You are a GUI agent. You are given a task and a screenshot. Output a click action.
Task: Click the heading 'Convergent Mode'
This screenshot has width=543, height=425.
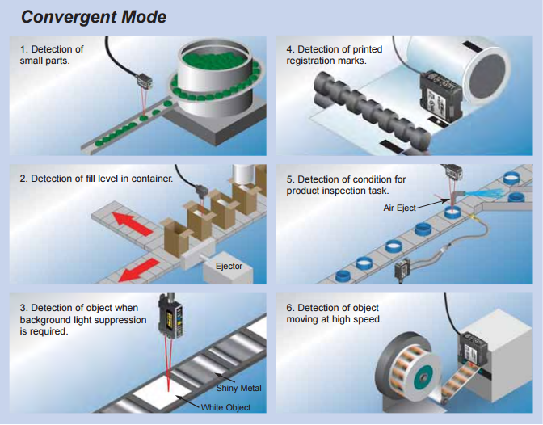pos(94,16)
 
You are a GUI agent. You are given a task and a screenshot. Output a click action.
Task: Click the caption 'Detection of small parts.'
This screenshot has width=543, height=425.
pos(52,55)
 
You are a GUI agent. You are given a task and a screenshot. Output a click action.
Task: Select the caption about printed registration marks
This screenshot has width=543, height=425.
pos(335,55)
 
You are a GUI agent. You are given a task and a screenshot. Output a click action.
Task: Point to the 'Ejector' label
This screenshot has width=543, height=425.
pos(229,266)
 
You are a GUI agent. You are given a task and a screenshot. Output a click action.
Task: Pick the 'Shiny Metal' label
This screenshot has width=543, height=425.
pos(239,388)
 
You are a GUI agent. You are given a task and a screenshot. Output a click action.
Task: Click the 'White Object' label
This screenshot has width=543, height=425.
pos(227,406)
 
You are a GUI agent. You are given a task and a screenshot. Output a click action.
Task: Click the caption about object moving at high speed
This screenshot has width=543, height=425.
pos(335,313)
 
